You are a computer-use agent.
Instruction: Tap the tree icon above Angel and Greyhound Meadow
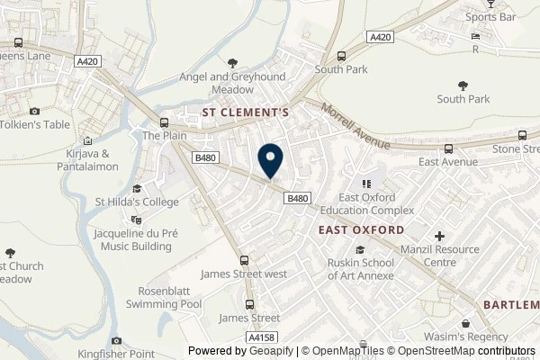coord(233,63)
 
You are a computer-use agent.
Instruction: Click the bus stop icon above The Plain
coord(163,122)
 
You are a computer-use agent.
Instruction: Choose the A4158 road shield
coord(261,337)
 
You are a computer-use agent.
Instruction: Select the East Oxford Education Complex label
coord(376,203)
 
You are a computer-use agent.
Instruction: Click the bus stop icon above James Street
coord(250,303)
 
